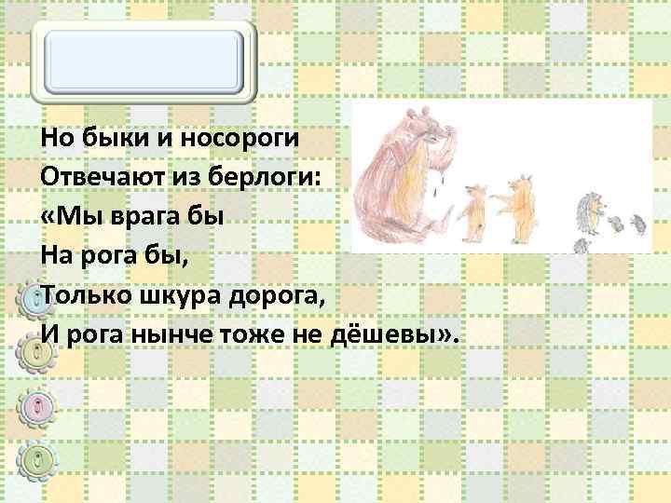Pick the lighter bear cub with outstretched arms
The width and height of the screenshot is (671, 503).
(x=518, y=198)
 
